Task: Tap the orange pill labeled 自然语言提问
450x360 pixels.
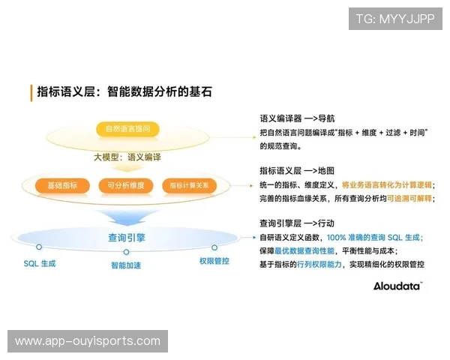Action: coord(127,129)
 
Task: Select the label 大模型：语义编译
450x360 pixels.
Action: coord(127,157)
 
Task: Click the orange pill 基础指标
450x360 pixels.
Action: coord(62,184)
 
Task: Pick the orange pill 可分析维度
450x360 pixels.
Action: coord(125,184)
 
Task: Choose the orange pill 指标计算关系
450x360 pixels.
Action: coord(189,184)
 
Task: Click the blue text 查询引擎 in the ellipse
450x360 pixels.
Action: coord(127,238)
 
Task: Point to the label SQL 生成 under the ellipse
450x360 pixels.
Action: coord(39,263)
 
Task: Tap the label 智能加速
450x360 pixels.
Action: coord(126,265)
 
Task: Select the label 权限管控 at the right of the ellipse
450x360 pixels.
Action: coord(214,261)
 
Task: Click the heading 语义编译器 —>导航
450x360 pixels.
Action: coord(297,118)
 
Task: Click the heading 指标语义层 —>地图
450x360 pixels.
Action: coord(297,171)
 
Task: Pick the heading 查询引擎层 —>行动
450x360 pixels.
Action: coord(297,223)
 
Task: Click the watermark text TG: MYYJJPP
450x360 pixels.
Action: coord(395,19)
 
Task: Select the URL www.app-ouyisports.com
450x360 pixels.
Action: coord(87,341)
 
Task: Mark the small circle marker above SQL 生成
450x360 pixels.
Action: coord(39,247)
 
